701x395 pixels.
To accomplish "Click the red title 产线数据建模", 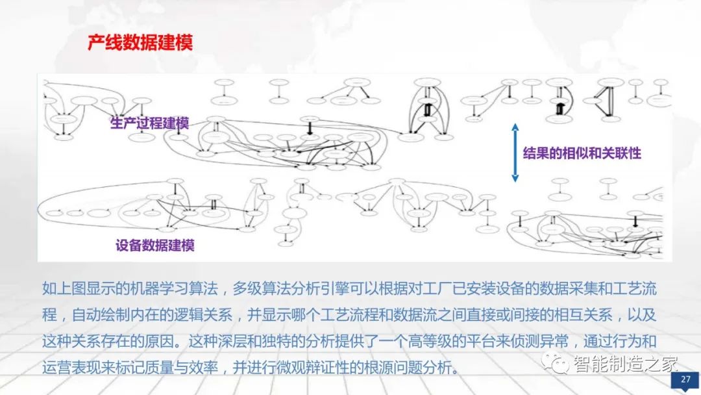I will (x=140, y=43).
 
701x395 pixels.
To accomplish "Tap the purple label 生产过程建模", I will (x=149, y=123).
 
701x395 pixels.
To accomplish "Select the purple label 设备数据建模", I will (x=155, y=245).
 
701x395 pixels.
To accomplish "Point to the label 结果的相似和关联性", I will (x=582, y=153).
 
